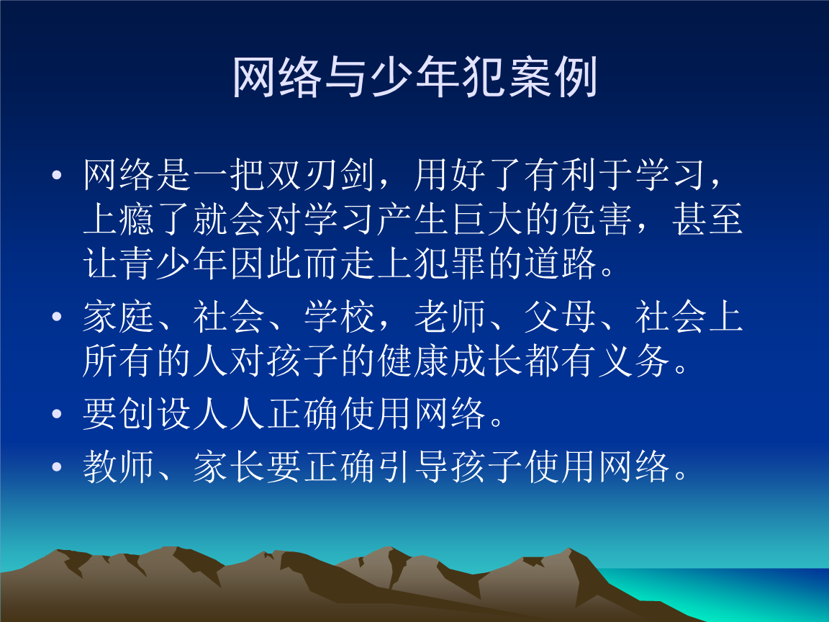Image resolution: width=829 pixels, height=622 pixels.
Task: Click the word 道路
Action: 561,265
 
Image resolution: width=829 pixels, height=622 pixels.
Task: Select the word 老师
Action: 450,319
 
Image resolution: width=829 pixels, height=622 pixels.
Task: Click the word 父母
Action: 561,319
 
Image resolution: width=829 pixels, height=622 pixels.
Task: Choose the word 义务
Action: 634,363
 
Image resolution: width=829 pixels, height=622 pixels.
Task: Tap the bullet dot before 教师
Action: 58,471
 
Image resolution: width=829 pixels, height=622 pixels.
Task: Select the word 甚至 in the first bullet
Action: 707,221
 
